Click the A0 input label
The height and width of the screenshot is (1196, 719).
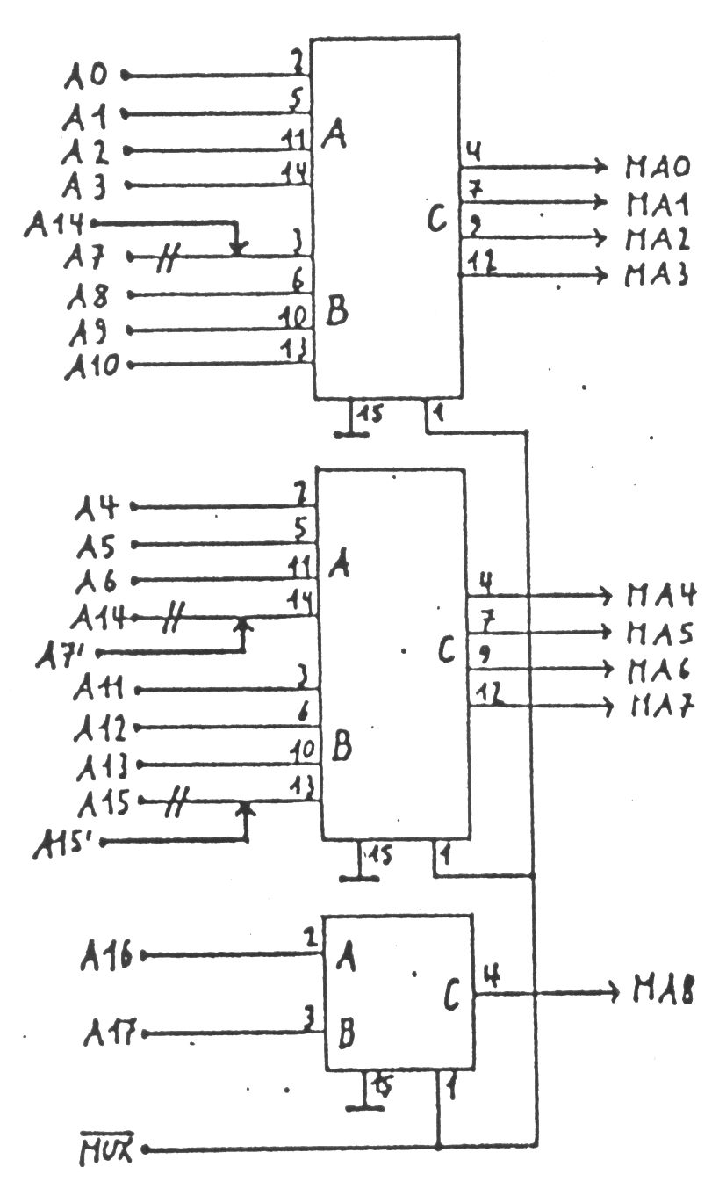click(88, 76)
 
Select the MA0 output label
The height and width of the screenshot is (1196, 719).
click(658, 165)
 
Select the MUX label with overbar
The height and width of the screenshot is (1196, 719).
click(110, 1149)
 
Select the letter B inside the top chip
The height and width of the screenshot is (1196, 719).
click(337, 312)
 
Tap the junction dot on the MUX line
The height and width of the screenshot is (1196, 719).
click(438, 1148)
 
